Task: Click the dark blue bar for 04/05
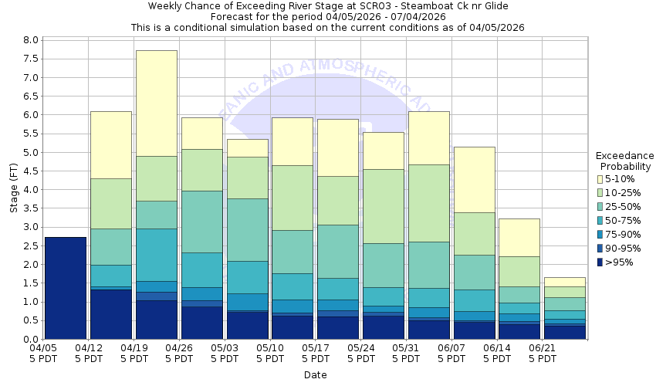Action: click(65, 288)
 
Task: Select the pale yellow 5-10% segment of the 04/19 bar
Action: click(156, 103)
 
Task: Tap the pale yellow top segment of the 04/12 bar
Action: click(110, 144)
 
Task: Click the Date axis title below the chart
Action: click(315, 375)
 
